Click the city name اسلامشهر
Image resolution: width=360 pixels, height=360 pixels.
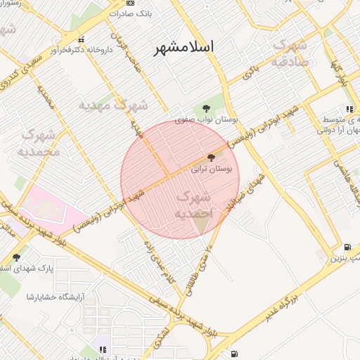185,47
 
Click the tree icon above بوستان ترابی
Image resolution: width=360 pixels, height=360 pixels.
212,158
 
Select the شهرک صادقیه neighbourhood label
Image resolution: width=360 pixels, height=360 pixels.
288,53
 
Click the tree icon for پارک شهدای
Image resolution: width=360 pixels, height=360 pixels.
16,257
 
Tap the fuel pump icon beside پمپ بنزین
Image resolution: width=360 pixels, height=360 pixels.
347,247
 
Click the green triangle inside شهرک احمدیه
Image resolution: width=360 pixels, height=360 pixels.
201,224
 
